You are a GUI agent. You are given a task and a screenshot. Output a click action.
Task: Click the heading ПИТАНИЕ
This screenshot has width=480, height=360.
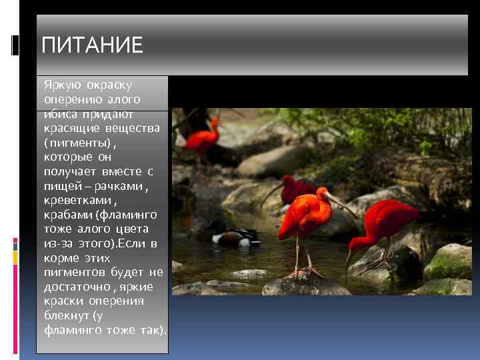coord(92,45)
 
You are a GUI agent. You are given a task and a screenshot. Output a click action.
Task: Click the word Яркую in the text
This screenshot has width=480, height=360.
coord(61,86)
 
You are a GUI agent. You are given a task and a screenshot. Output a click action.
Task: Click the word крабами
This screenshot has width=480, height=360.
coord(68,215)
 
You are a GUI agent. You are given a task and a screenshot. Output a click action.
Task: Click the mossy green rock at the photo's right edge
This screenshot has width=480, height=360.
coord(450,260)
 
